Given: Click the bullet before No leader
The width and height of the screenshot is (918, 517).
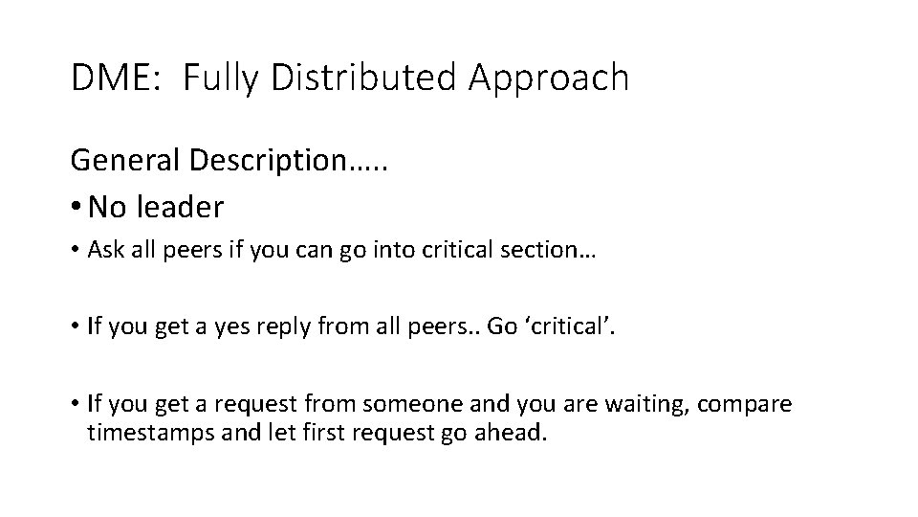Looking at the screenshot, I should pos(76,206).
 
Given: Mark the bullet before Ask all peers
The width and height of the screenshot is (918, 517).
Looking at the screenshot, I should pos(75,251).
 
